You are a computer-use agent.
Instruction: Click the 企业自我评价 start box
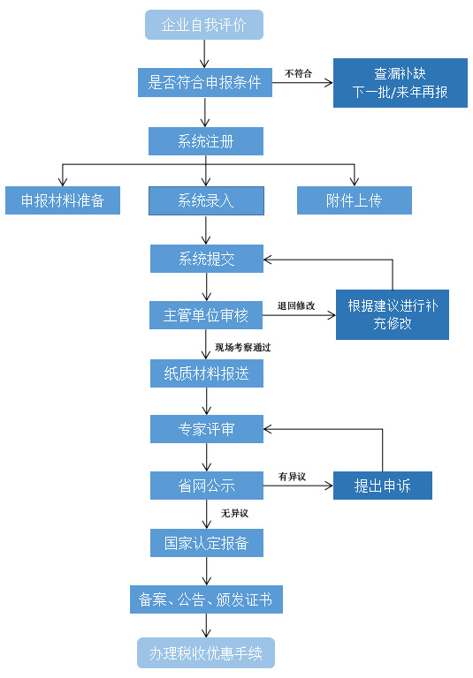tap(205, 25)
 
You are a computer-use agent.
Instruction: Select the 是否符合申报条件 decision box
tap(205, 82)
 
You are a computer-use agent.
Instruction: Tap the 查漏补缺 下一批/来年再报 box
tap(400, 83)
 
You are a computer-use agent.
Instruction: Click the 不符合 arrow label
tap(298, 73)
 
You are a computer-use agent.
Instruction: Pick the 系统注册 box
tap(206, 141)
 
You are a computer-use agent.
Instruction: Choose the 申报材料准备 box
tap(62, 200)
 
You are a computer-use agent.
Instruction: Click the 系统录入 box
tap(206, 200)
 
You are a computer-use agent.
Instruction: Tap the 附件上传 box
tap(354, 200)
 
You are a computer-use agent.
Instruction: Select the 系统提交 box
tap(206, 259)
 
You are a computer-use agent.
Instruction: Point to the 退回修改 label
tap(295, 305)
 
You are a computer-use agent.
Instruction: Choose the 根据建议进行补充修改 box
tap(392, 315)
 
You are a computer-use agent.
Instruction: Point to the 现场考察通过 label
tap(242, 348)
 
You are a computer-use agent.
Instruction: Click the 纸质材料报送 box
tap(206, 373)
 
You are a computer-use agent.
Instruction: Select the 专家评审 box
tap(206, 430)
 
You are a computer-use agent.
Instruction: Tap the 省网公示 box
tap(206, 486)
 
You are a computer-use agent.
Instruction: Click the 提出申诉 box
tap(382, 486)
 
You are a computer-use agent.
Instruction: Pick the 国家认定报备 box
tap(206, 543)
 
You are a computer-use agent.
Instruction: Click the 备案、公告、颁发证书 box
tap(206, 600)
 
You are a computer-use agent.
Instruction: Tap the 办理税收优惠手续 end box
tap(206, 654)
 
